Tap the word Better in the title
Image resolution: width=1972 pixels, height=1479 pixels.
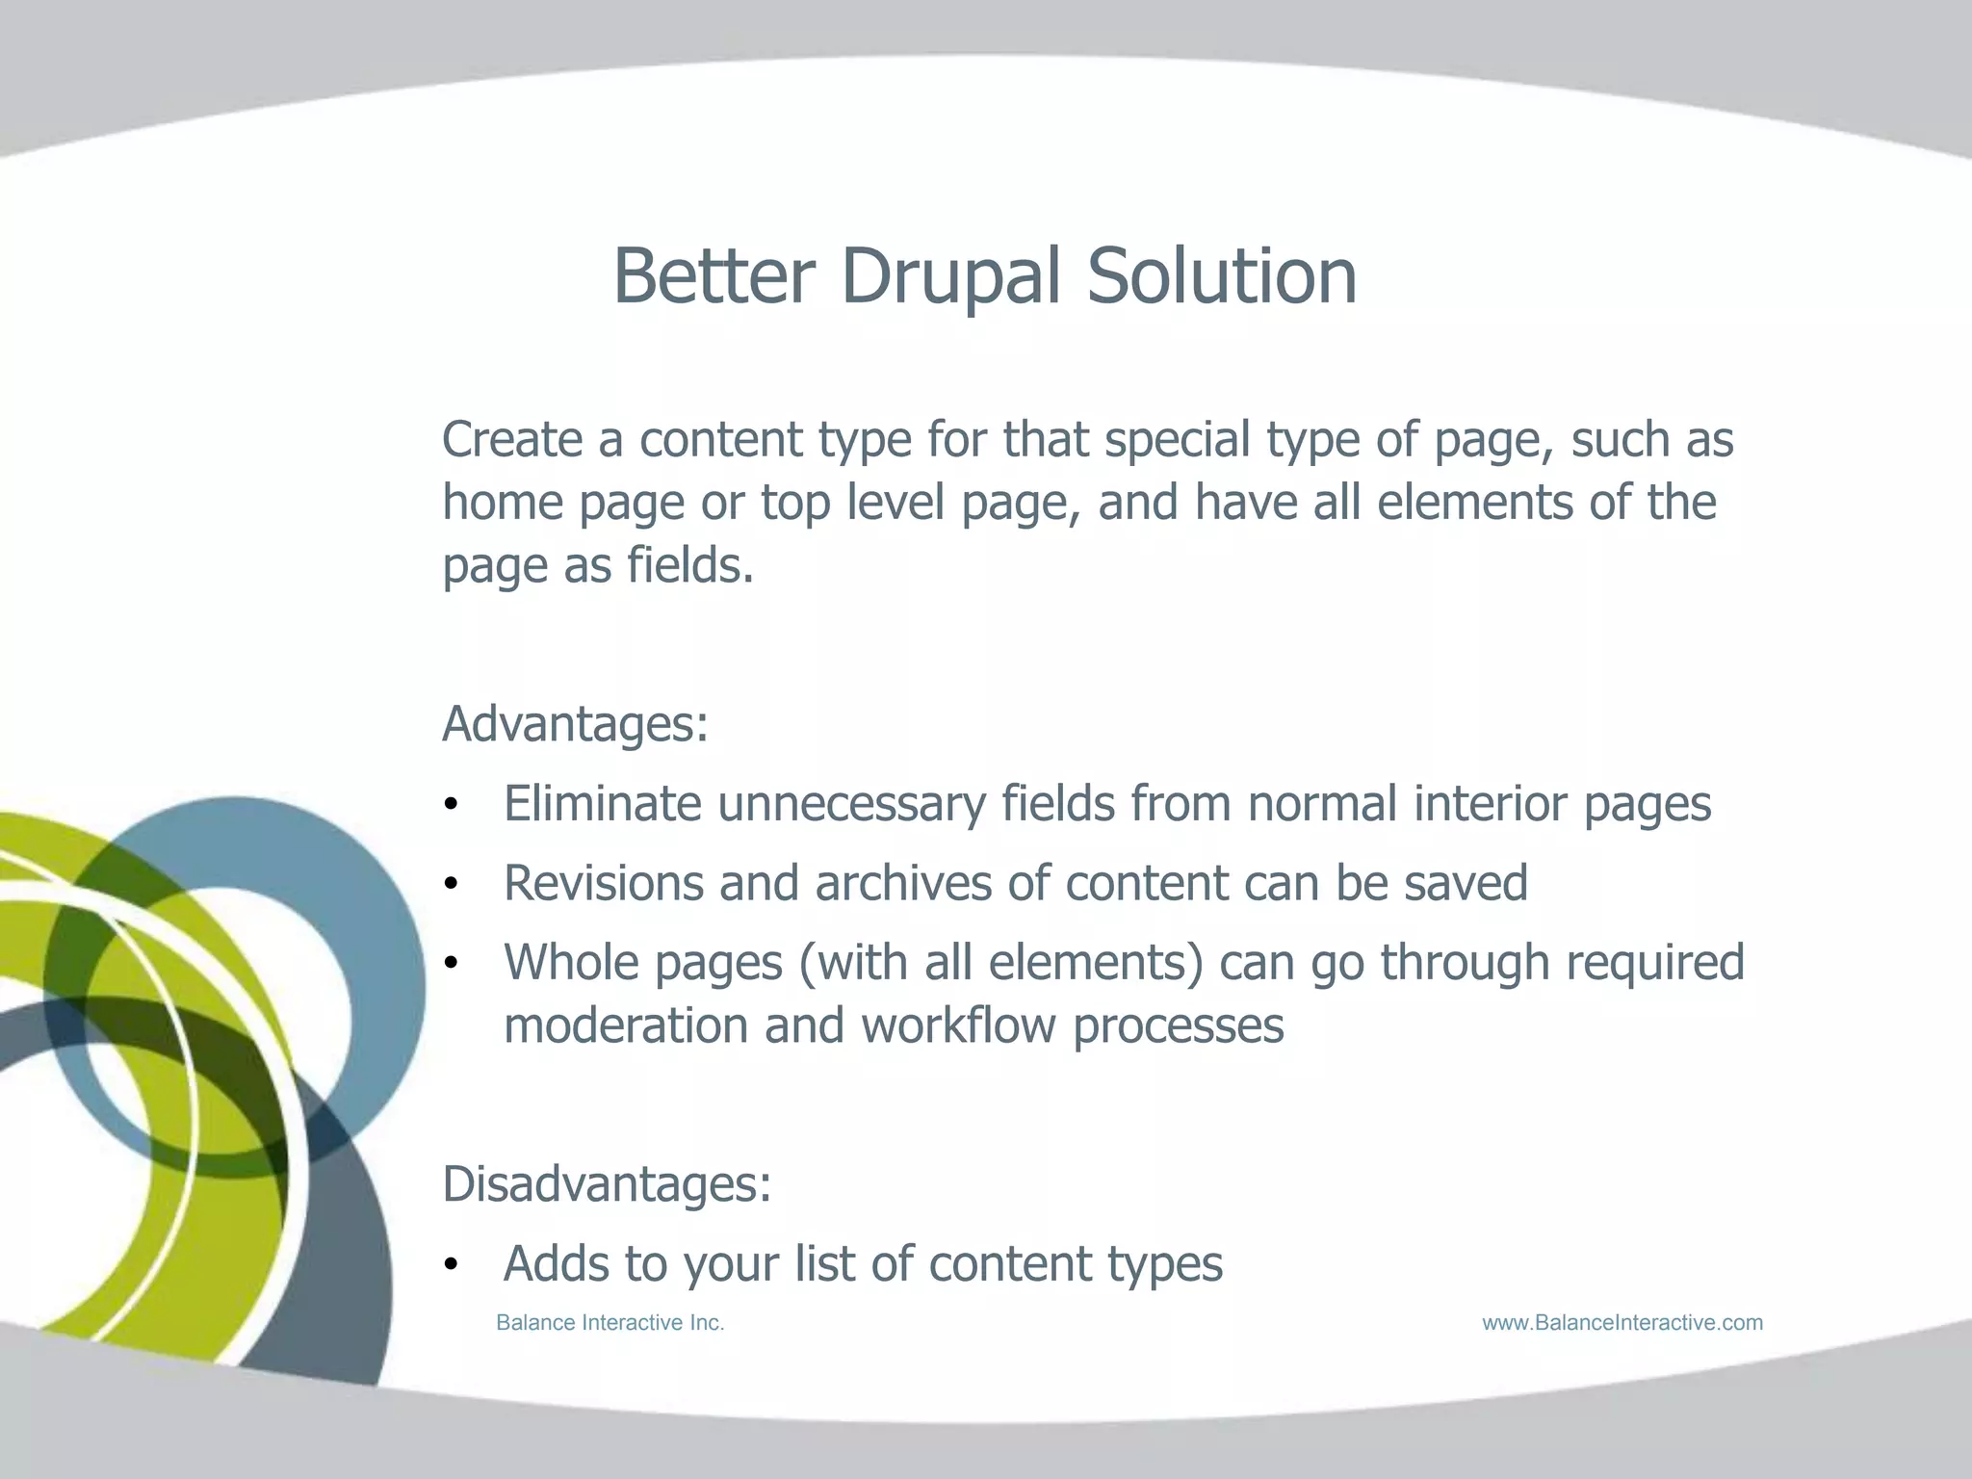pyautogui.click(x=714, y=277)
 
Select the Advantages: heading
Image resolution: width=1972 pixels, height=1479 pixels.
pyautogui.click(x=575, y=724)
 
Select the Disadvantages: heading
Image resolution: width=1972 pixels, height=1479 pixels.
pyautogui.click(x=607, y=1184)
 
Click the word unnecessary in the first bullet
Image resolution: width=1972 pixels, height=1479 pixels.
pyautogui.click(x=851, y=805)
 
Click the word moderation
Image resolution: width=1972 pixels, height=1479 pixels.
pyautogui.click(x=626, y=1025)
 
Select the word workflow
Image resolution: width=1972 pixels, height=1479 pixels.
pyautogui.click(x=958, y=1025)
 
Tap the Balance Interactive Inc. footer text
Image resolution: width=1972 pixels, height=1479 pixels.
pyautogui.click(x=610, y=1323)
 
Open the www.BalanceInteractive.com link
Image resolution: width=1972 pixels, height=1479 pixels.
pyautogui.click(x=1622, y=1323)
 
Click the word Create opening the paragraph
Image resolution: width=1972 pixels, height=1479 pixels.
pyautogui.click(x=512, y=440)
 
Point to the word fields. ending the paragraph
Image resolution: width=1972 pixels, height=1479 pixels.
pyautogui.click(x=689, y=565)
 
